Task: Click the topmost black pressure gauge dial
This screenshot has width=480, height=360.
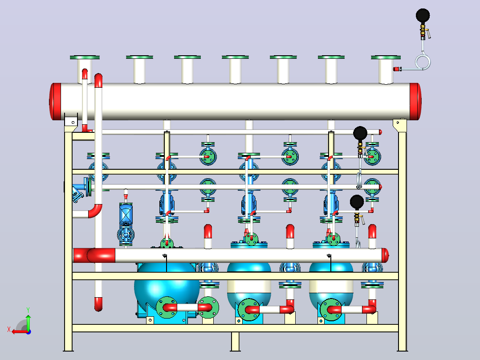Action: (x=423, y=16)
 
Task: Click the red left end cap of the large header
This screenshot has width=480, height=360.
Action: (x=55, y=102)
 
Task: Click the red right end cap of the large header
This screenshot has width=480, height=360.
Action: (x=416, y=102)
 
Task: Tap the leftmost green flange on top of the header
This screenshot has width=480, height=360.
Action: (x=85, y=57)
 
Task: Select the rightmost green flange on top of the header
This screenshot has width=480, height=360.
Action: (x=386, y=57)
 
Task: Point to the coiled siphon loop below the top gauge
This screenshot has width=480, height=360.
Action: (x=423, y=62)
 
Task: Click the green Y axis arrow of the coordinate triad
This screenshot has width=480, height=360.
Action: (x=28, y=319)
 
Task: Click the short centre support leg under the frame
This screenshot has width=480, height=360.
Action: (x=235, y=341)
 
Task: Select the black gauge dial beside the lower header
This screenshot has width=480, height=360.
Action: (x=357, y=202)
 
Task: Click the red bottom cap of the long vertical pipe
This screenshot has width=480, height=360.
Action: (x=98, y=304)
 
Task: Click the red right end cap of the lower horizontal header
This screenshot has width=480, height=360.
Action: (x=385, y=256)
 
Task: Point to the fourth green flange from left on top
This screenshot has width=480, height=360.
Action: (x=235, y=57)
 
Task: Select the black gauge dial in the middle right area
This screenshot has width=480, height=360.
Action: (x=360, y=134)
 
